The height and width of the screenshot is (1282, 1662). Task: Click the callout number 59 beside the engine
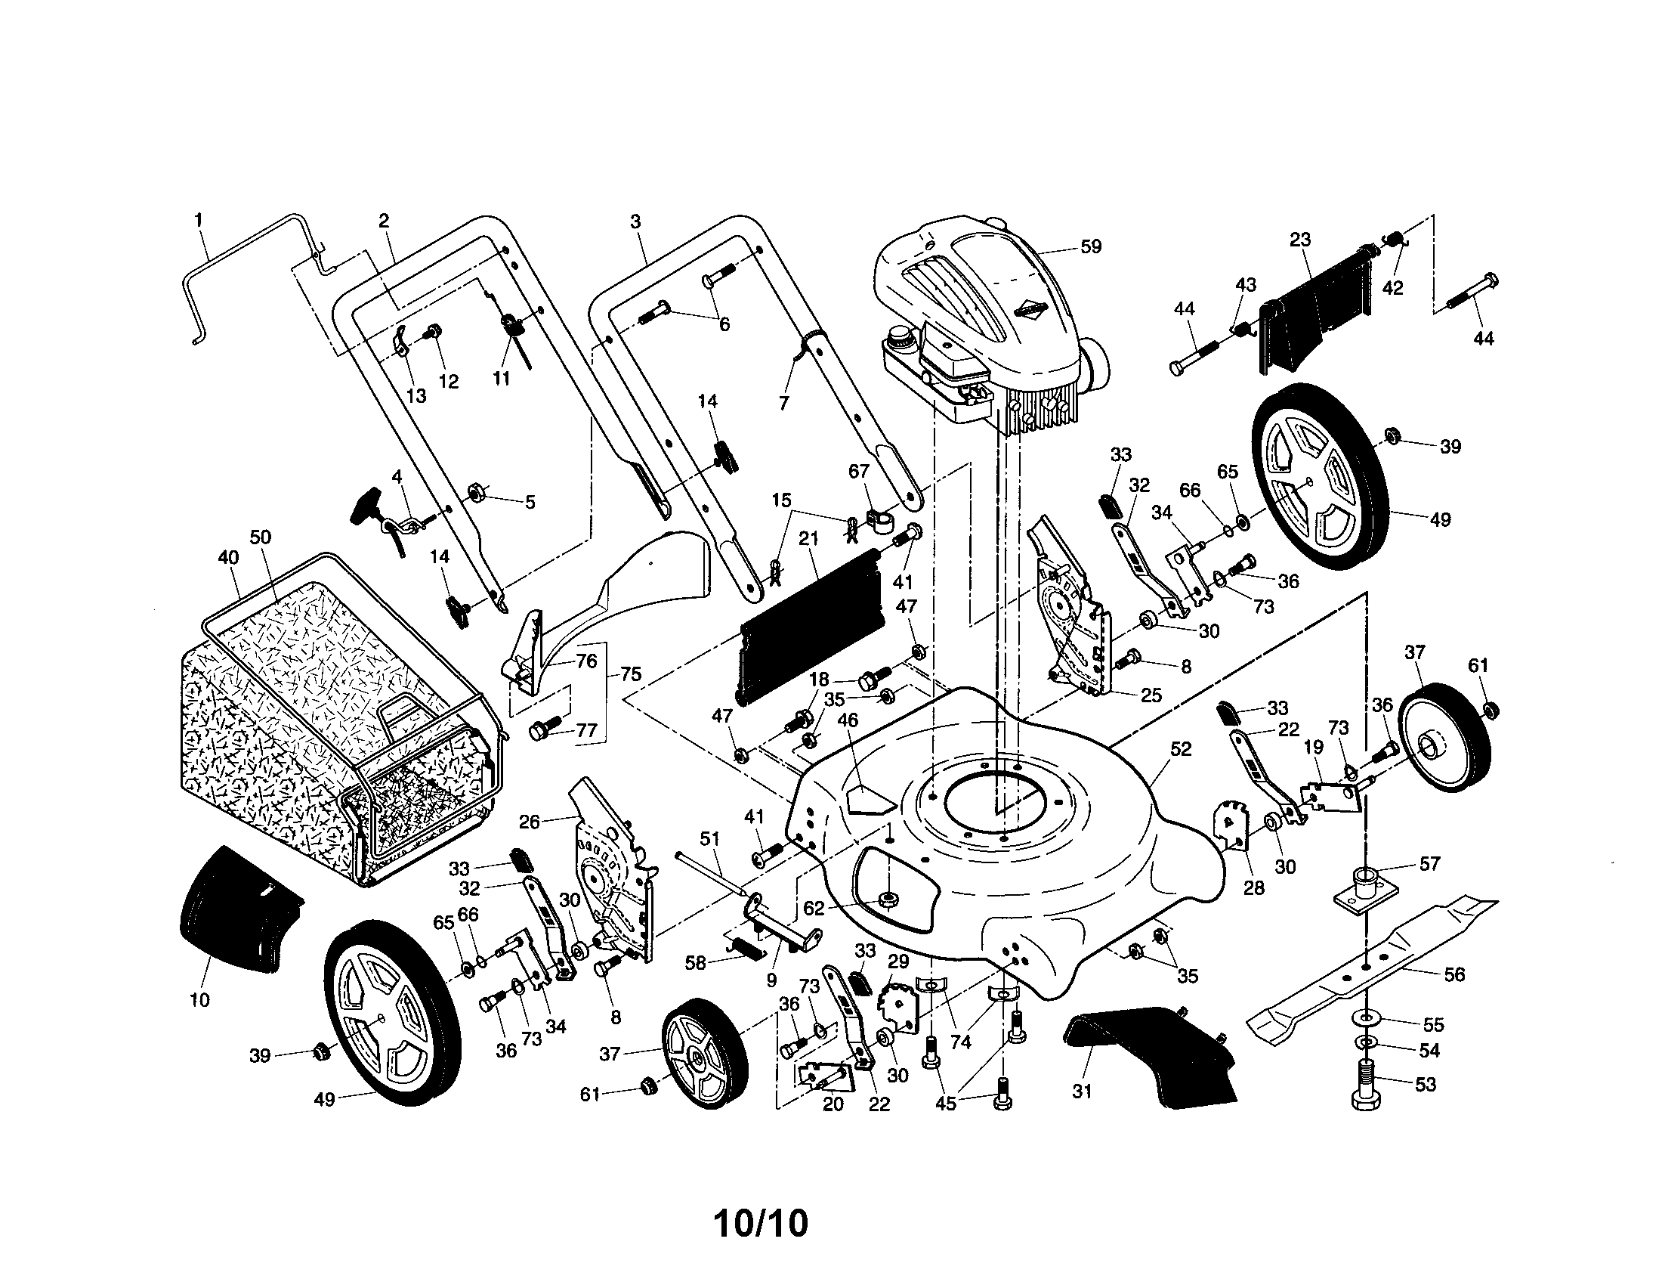pyautogui.click(x=1090, y=246)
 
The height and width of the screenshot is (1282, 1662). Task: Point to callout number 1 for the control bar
pyautogui.click(x=199, y=220)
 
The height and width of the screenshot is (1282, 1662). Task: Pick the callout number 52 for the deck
pyautogui.click(x=1180, y=749)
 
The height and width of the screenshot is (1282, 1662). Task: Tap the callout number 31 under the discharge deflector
pyautogui.click(x=1081, y=1091)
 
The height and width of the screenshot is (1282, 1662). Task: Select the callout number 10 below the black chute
pyautogui.click(x=199, y=999)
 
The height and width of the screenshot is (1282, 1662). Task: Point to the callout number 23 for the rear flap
pyautogui.click(x=1301, y=240)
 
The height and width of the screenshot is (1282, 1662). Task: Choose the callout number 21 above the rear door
pyautogui.click(x=808, y=539)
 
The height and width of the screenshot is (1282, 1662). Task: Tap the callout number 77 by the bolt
pyautogui.click(x=586, y=731)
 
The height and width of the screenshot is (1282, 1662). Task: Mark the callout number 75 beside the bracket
pyautogui.click(x=631, y=674)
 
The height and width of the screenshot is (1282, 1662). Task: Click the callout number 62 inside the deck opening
pyautogui.click(x=814, y=909)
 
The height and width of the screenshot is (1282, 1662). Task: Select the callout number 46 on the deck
pyautogui.click(x=847, y=720)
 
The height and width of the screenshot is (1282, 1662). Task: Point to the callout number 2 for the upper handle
pyautogui.click(x=384, y=221)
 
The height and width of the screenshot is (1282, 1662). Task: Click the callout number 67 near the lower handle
pyautogui.click(x=858, y=471)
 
